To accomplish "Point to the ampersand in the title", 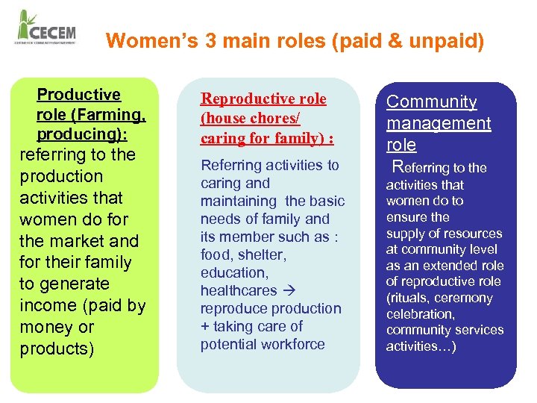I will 395,40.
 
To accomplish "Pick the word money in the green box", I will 44,327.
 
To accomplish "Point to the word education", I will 233,272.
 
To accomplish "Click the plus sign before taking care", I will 205,326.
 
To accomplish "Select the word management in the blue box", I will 439,123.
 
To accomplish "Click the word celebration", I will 420,314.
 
